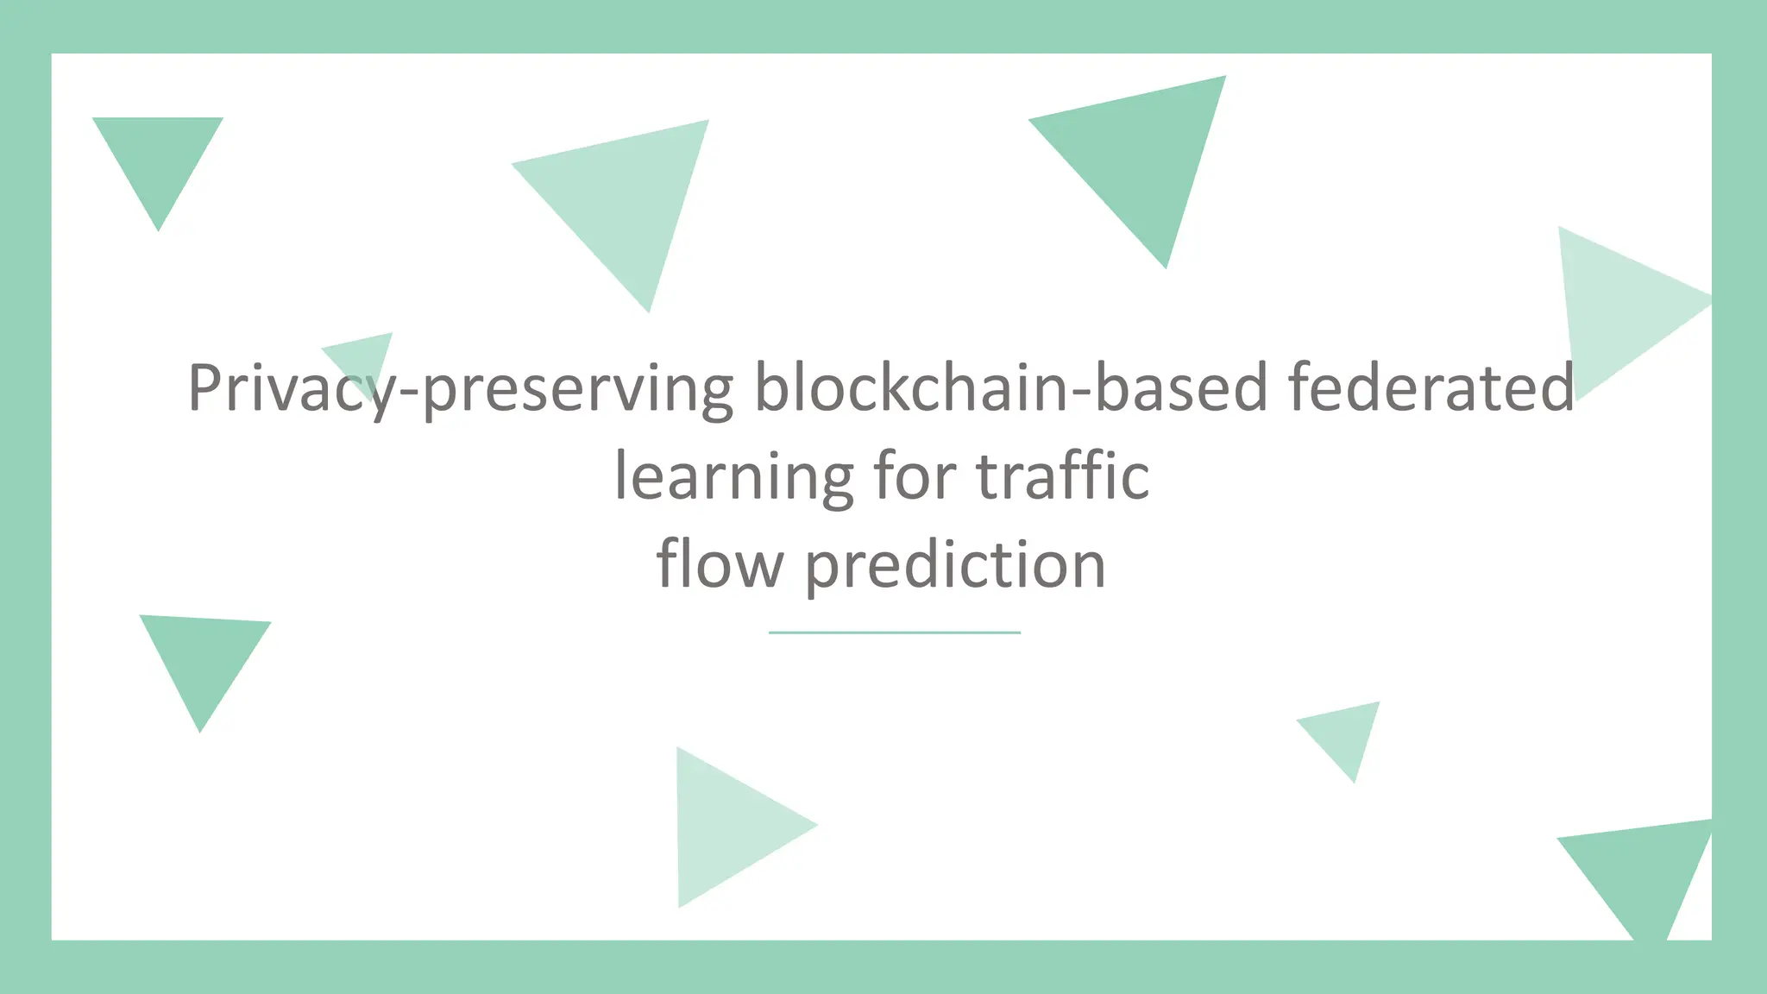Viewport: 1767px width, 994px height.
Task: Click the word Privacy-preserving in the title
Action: (x=461, y=388)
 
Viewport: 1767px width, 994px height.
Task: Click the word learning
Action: (x=733, y=477)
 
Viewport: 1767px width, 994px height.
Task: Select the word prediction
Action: (x=955, y=565)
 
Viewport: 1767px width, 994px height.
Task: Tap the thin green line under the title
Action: (x=894, y=632)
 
